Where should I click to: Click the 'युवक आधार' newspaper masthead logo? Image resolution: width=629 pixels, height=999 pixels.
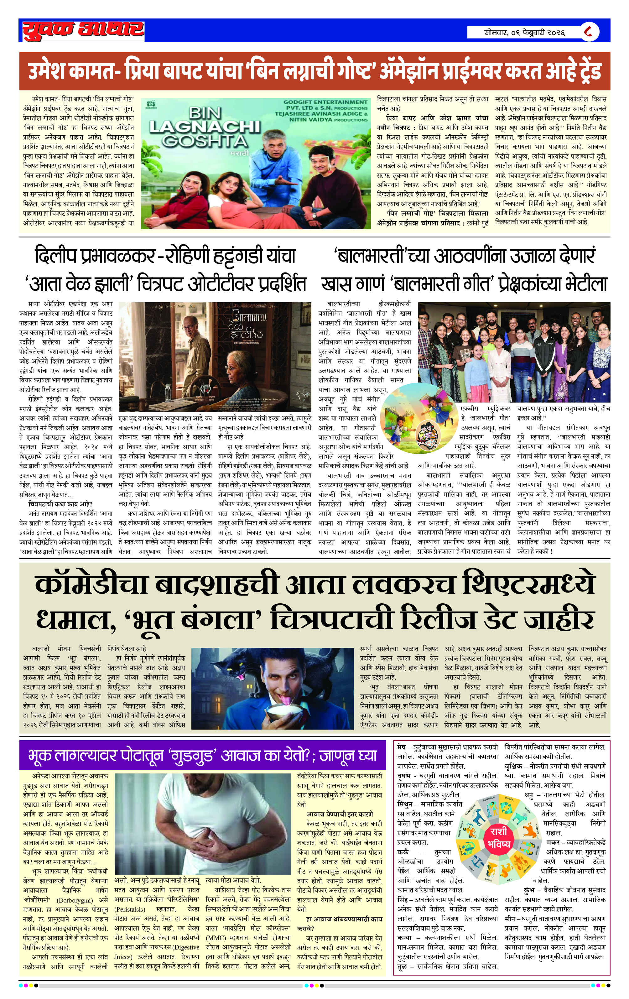click(83, 31)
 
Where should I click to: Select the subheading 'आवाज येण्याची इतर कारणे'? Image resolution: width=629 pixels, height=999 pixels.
click(339, 814)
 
